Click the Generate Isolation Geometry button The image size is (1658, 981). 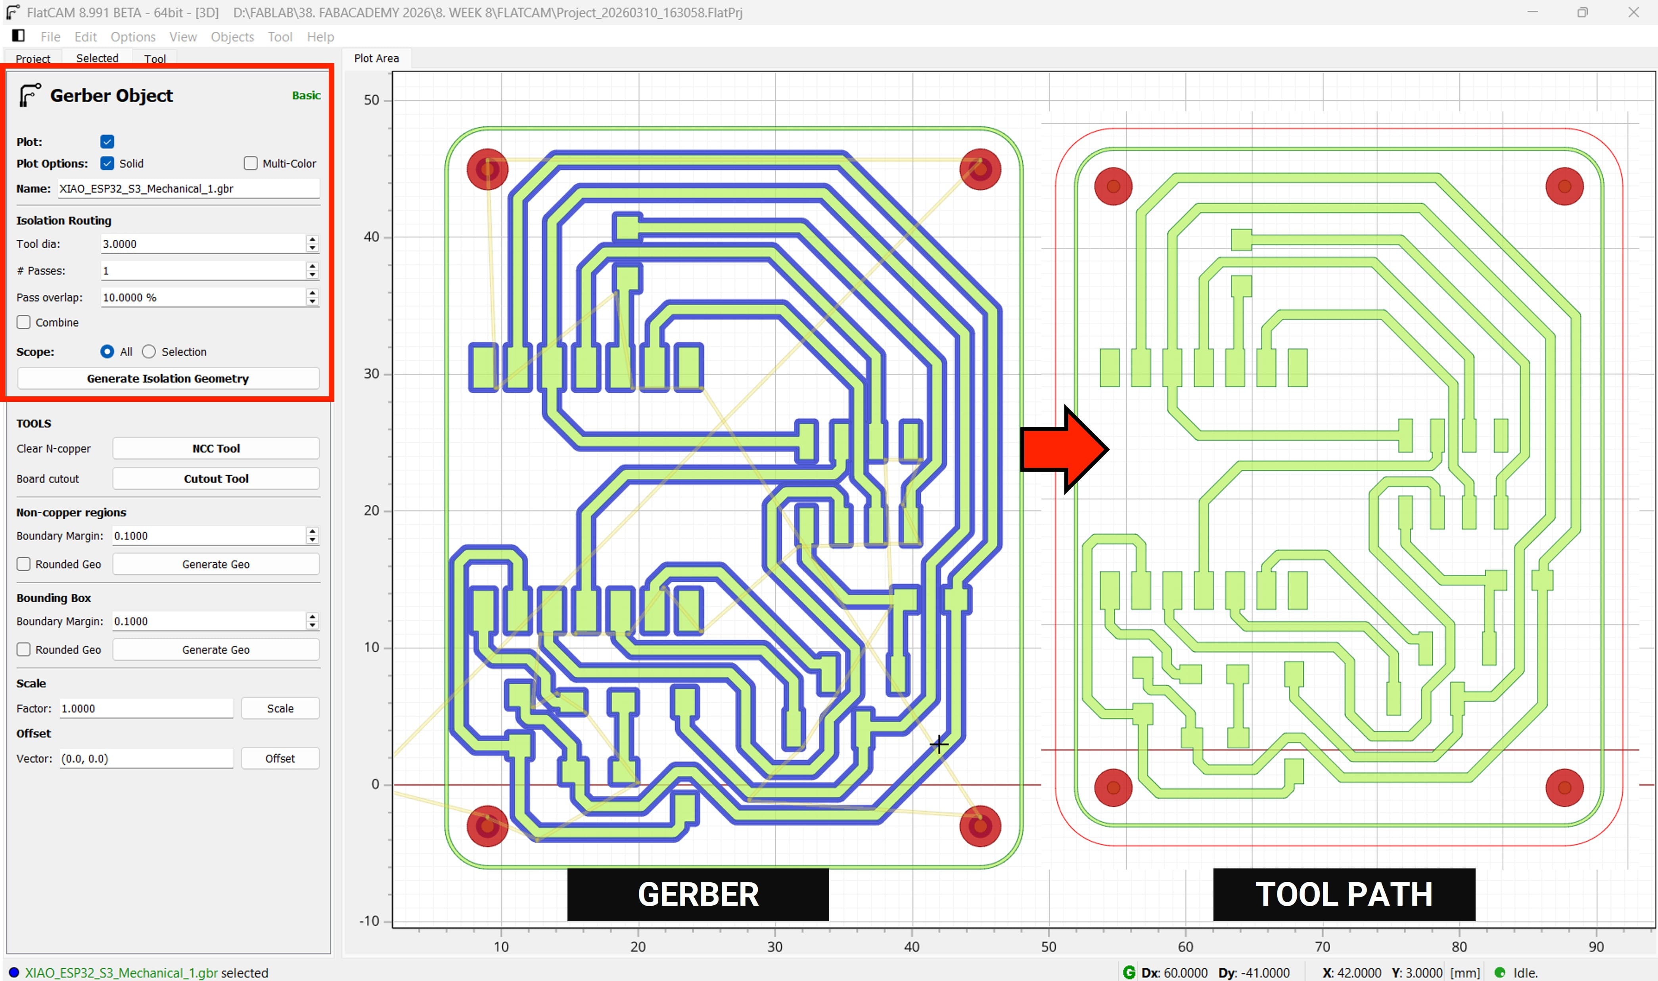[168, 378]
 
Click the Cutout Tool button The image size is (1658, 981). [216, 478]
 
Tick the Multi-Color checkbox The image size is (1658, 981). [251, 163]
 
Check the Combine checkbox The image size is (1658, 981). [24, 323]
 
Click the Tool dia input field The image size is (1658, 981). [202, 244]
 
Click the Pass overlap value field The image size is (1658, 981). [202, 298]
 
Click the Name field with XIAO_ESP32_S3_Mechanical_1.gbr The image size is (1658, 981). [188, 189]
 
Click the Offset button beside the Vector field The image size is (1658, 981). [280, 758]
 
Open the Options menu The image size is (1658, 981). [133, 37]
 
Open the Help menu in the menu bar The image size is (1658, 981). [320, 37]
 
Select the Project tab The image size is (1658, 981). [33, 59]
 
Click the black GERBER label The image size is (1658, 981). [698, 895]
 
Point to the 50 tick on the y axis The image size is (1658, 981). [372, 101]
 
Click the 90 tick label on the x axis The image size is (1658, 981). [1596, 947]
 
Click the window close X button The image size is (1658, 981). [1633, 13]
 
